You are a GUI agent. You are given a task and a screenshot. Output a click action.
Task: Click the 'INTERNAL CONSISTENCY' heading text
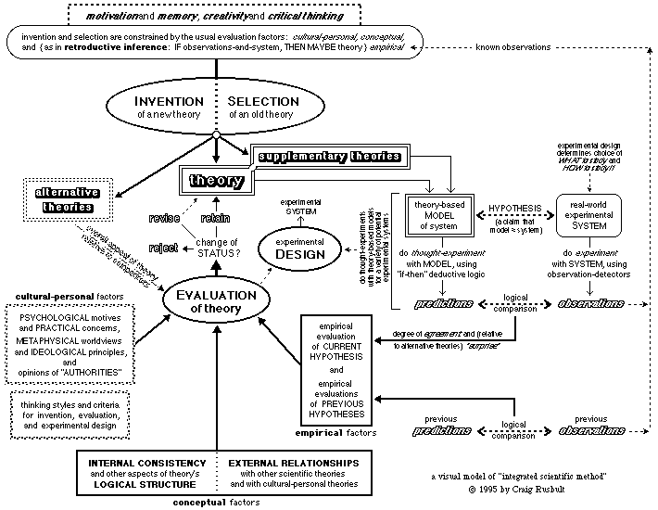[x=147, y=462]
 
